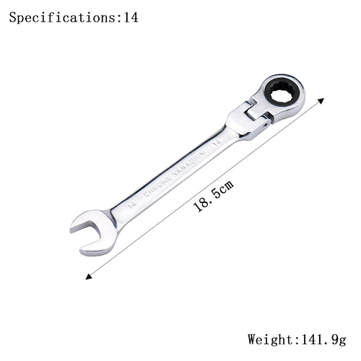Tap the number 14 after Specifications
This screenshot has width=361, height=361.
click(x=130, y=17)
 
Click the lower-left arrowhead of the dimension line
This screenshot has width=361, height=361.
click(x=88, y=277)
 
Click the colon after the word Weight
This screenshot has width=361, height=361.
click(x=293, y=339)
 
